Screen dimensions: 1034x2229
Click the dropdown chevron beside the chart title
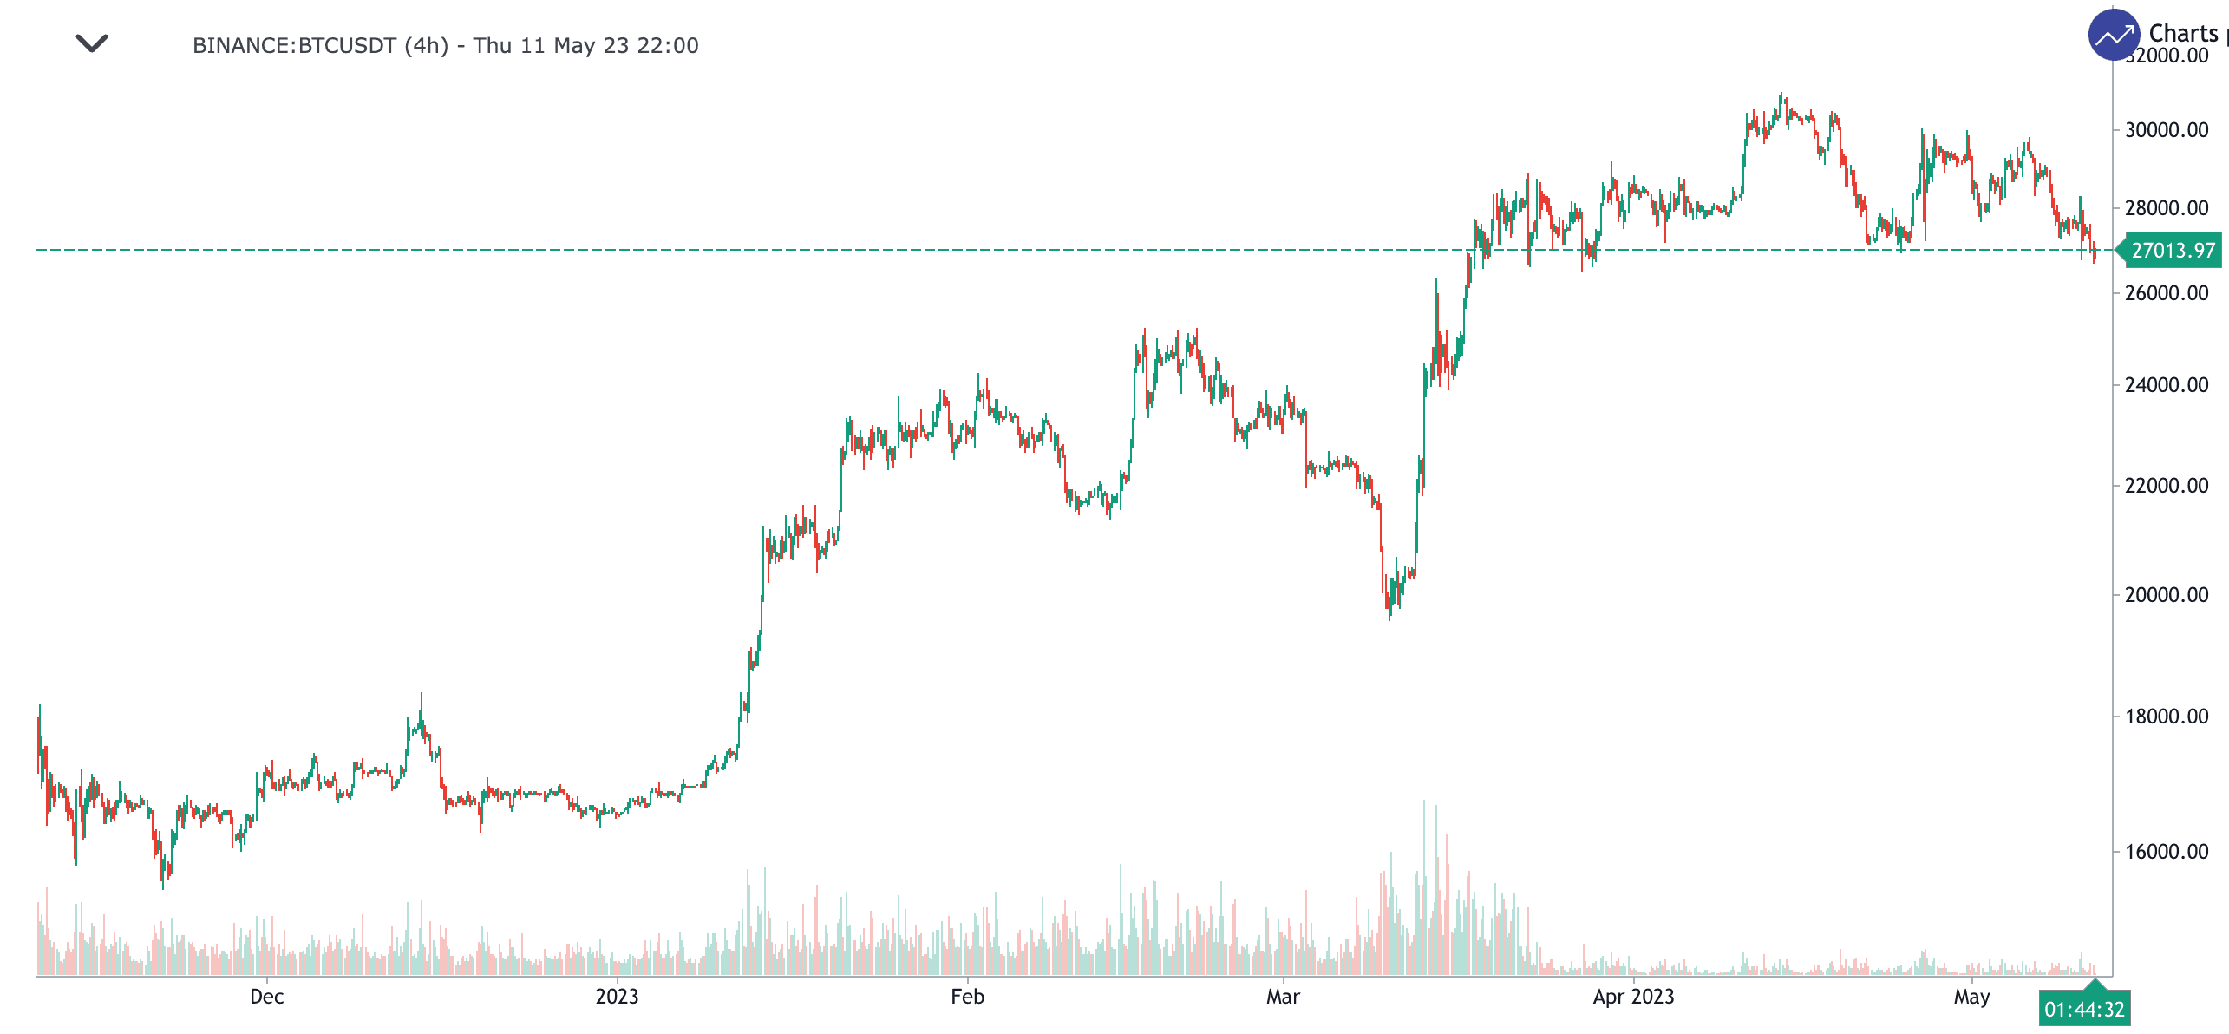pyautogui.click(x=91, y=43)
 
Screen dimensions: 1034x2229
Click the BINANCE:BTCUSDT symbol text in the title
pyautogui.click(x=294, y=45)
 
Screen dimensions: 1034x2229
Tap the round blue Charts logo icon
pyautogui.click(x=2114, y=35)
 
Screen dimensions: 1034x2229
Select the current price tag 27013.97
pyautogui.click(x=2173, y=251)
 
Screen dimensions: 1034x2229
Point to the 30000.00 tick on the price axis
pyautogui.click(x=2166, y=130)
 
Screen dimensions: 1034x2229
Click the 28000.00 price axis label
pyautogui.click(x=2166, y=208)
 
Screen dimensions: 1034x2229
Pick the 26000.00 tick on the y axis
pyautogui.click(x=2166, y=293)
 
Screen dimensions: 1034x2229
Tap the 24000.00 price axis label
pyautogui.click(x=2166, y=385)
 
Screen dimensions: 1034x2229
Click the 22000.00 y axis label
pyautogui.click(x=2166, y=486)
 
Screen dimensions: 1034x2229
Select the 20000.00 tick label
pyautogui.click(x=2166, y=595)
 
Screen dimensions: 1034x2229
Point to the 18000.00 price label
pyautogui.click(x=2166, y=717)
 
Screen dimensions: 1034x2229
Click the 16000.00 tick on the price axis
pyautogui.click(x=2166, y=852)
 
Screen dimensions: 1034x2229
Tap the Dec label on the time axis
pyautogui.click(x=266, y=997)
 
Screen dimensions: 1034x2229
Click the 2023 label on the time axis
pyautogui.click(x=617, y=997)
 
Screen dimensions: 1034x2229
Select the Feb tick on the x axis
pyautogui.click(x=967, y=997)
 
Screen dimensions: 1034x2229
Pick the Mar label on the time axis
pyautogui.click(x=1283, y=997)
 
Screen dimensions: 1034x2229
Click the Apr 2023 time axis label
pyautogui.click(x=1633, y=997)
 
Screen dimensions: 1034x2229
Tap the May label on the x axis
pyautogui.click(x=1971, y=997)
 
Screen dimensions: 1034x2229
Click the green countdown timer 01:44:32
pyautogui.click(x=2084, y=1010)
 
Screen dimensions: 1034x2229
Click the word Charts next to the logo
pyautogui.click(x=2183, y=33)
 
